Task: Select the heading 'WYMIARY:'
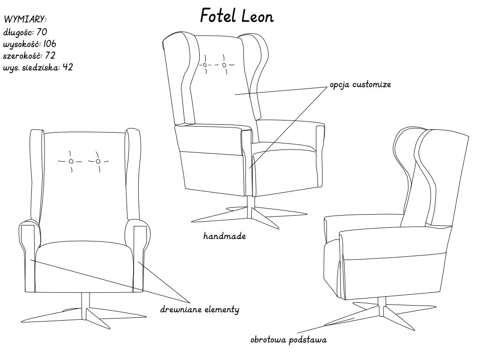coord(25,20)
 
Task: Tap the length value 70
coord(41,32)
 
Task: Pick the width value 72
coord(51,55)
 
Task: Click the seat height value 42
coord(67,67)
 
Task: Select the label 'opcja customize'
coord(360,85)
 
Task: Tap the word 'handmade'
coord(225,236)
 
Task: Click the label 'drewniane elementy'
coord(200,309)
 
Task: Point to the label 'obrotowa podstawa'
coord(288,340)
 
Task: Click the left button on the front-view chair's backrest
coord(71,161)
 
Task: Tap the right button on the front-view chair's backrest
coord(98,161)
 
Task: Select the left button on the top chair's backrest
coord(205,65)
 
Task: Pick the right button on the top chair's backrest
coord(225,65)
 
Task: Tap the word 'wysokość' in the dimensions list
coord(22,44)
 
